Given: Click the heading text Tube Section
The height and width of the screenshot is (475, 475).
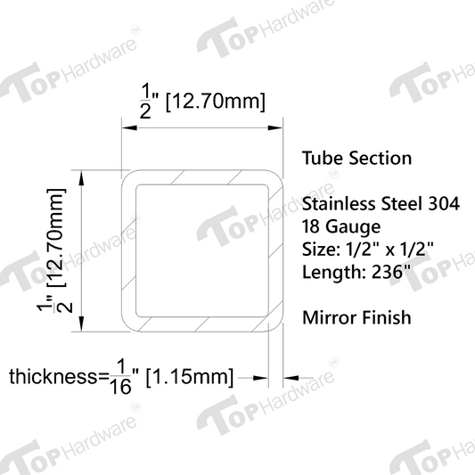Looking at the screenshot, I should [x=356, y=159].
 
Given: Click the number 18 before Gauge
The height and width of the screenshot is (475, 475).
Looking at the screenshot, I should [x=313, y=226].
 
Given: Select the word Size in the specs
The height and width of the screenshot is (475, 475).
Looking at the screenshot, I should [x=319, y=249].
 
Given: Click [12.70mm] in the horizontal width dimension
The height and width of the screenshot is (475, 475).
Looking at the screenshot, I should [x=215, y=103].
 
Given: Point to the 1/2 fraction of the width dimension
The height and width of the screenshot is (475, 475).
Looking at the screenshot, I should [x=147, y=97].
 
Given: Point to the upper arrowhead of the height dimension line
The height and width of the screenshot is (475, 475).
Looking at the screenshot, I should [x=83, y=177].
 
